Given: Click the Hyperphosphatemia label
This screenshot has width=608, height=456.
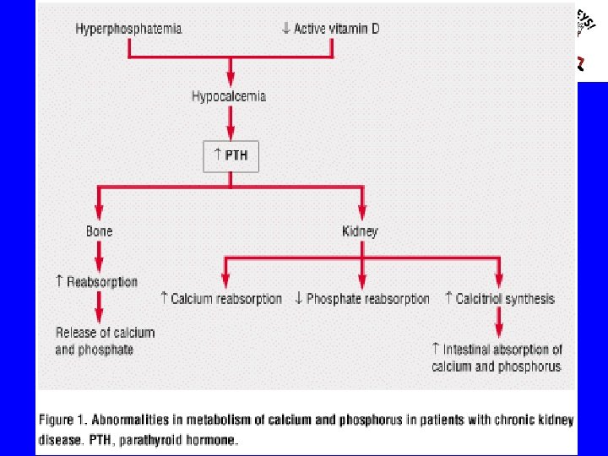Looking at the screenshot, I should [x=128, y=29].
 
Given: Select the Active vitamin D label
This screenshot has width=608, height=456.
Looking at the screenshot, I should [x=335, y=29].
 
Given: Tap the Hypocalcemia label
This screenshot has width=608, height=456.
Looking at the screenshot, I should [x=229, y=96].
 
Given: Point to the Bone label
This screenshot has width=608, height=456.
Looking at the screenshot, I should [x=99, y=231].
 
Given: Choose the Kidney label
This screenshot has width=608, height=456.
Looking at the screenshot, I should [x=361, y=231].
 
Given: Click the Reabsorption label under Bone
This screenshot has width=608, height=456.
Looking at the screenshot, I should [x=101, y=282].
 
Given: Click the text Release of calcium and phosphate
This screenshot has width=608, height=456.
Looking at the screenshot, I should [x=105, y=340].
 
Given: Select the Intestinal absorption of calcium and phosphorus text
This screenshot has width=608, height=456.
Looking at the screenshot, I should [x=497, y=358].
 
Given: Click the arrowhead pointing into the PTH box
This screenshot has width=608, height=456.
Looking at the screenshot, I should [x=230, y=136].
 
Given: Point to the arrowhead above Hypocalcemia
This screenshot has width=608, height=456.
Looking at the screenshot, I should [x=230, y=81].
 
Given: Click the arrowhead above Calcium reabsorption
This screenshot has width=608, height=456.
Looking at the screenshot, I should [x=225, y=281].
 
